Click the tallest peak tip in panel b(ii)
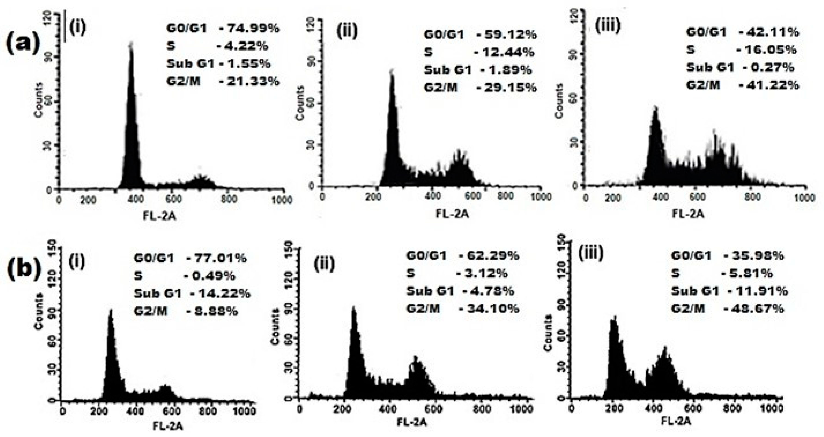click(354, 307)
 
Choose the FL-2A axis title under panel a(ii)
click(452, 214)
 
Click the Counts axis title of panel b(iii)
click(549, 333)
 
